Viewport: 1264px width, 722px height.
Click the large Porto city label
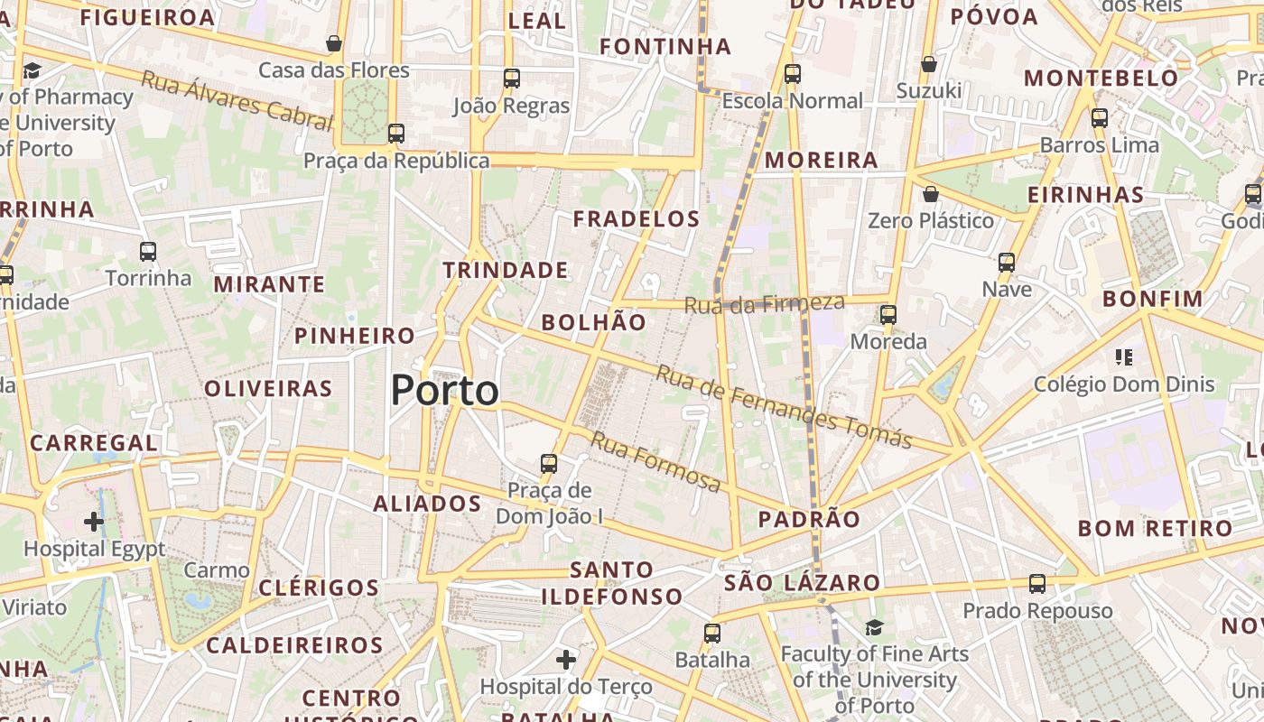tap(444, 391)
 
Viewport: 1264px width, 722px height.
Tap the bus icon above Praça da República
tap(395, 134)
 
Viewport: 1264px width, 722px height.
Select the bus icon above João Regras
tap(511, 79)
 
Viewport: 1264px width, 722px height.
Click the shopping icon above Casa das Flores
tap(334, 43)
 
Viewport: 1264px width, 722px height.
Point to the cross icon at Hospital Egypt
tap(94, 522)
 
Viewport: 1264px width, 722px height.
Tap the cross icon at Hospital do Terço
tap(566, 660)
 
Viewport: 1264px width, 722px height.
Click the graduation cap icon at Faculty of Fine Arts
tap(874, 627)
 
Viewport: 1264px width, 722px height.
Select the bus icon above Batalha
tap(712, 634)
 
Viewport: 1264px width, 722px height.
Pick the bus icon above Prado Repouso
tap(1037, 584)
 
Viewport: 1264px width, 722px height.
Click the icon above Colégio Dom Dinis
tap(1124, 357)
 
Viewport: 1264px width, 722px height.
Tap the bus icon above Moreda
tap(888, 315)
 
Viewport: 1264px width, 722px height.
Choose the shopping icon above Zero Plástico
tap(930, 194)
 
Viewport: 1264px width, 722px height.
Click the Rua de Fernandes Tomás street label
tap(784, 406)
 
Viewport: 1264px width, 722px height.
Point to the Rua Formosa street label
tap(655, 462)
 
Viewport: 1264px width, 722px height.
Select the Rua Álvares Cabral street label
tap(237, 99)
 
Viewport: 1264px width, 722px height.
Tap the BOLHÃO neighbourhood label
tap(593, 322)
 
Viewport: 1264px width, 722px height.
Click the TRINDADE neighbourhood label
tap(506, 270)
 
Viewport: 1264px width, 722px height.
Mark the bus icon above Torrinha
tap(148, 252)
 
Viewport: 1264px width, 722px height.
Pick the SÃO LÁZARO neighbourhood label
tap(802, 583)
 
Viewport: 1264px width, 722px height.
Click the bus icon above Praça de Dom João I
tap(548, 464)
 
